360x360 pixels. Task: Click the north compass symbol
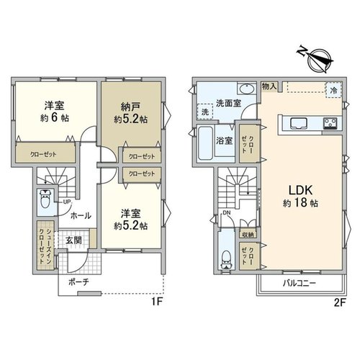316,60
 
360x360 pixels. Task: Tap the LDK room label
300,190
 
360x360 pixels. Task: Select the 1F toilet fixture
45,199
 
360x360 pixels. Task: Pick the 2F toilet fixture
226,260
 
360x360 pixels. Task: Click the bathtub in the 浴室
205,143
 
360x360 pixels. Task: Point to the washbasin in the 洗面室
246,89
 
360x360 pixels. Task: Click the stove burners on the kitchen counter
330,123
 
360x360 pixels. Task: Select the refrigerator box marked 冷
333,90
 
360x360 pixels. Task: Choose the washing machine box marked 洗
204,112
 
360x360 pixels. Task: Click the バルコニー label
299,284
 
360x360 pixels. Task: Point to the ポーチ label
78,282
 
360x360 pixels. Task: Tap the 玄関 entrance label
73,240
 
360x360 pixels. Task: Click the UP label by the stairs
67,202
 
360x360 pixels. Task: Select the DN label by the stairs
226,213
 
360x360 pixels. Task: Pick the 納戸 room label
130,107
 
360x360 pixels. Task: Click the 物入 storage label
269,86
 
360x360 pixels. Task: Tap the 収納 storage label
248,235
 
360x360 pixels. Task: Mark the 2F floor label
340,303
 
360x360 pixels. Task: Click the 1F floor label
157,302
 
